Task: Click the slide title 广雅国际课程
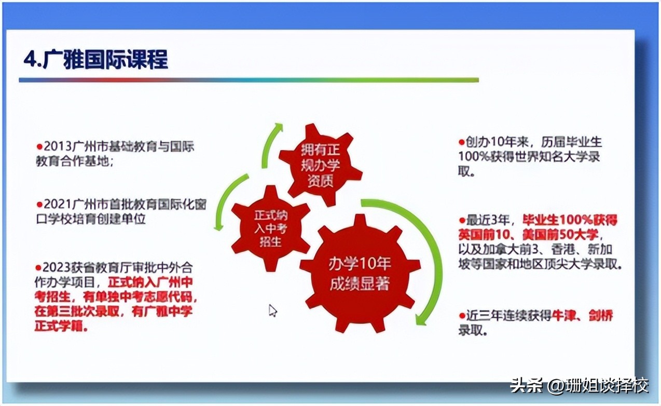tap(105, 60)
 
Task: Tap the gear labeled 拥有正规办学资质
tap(320, 165)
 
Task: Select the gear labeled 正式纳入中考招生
tap(271, 228)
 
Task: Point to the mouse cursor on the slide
tap(273, 310)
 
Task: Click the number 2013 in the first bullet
tap(58, 146)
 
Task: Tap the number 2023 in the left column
tap(57, 267)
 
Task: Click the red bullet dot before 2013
tap(39, 146)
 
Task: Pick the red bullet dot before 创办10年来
tap(462, 143)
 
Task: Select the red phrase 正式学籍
tap(59, 326)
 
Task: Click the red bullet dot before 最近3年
tap(462, 220)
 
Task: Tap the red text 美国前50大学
tap(560, 235)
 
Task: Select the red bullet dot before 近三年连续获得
tap(462, 315)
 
